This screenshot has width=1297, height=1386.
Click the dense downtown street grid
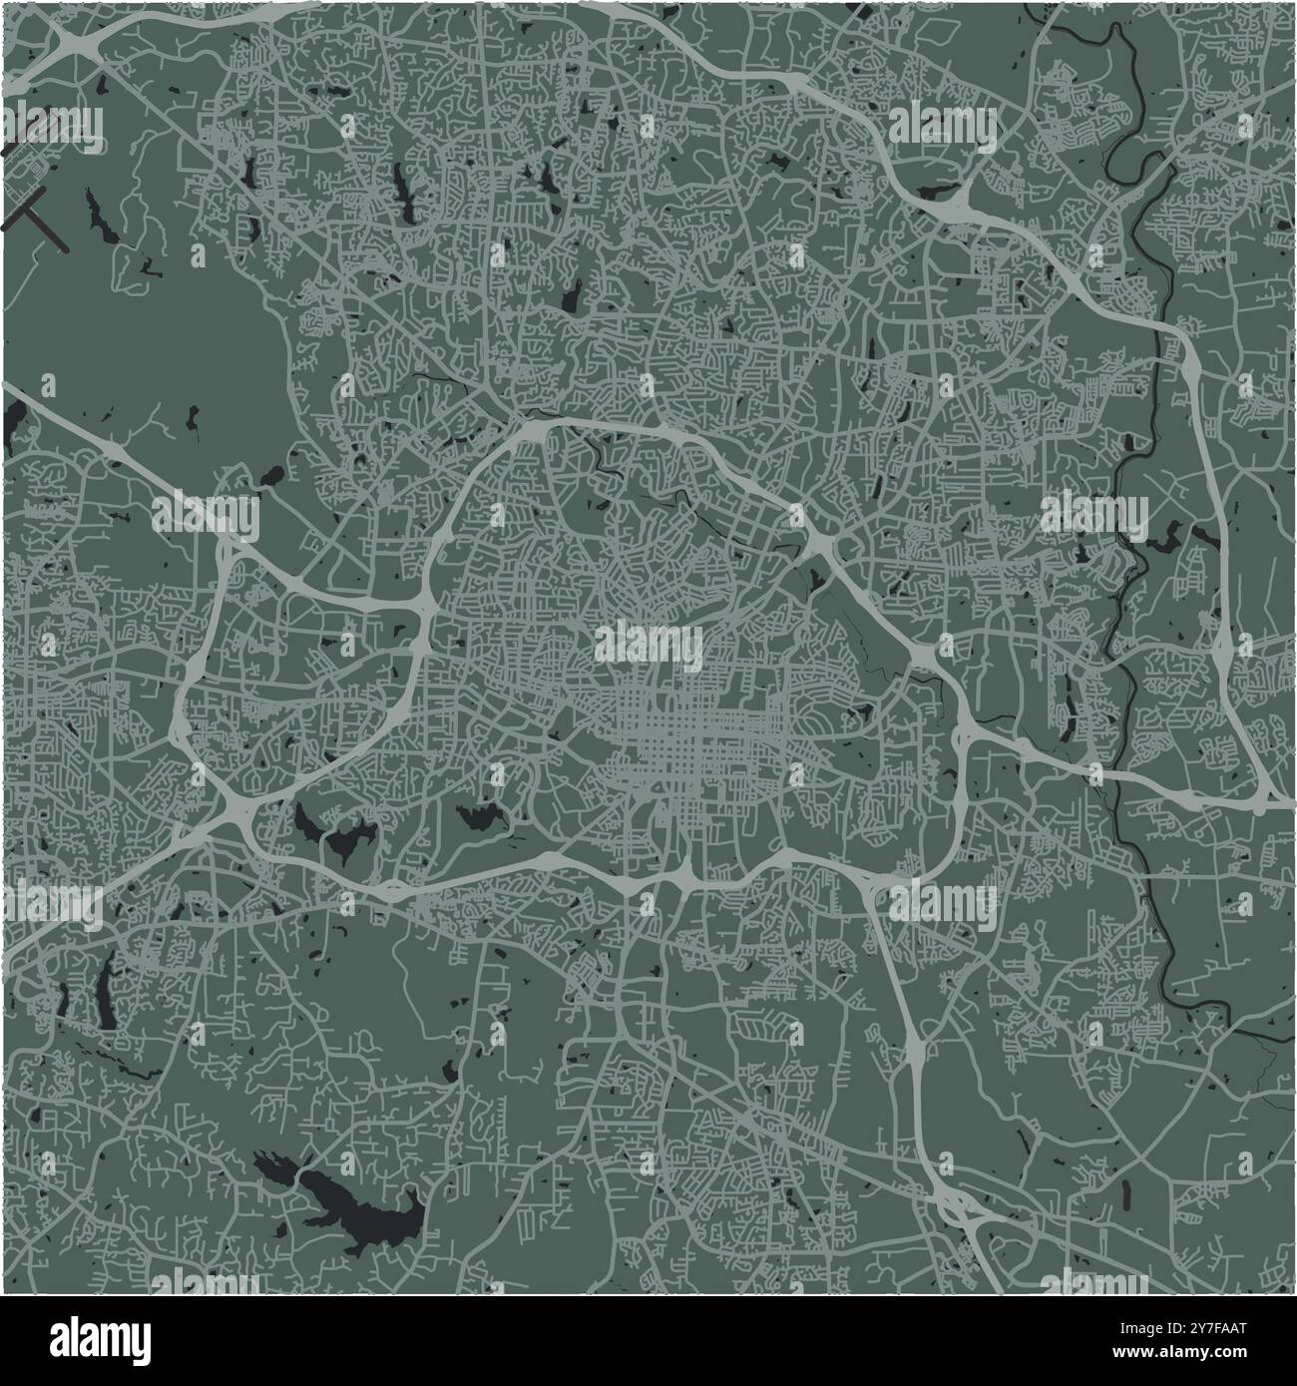[x=688, y=758]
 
